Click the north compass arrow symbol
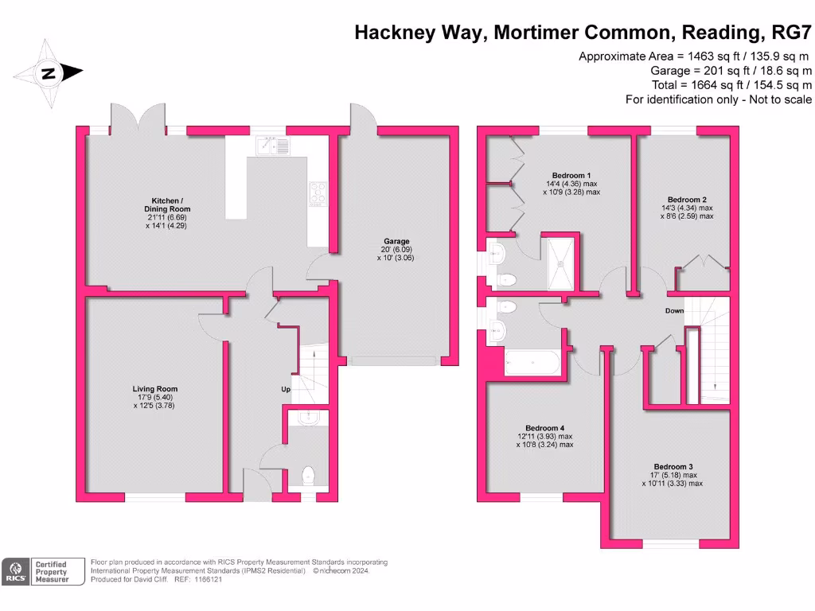pyautogui.click(x=48, y=74)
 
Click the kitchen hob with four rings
pyautogui.click(x=317, y=193)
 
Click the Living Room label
pyautogui.click(x=155, y=389)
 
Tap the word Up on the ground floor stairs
pyautogui.click(x=285, y=390)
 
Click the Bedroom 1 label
pyautogui.click(x=571, y=175)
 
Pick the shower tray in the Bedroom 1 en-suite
pyautogui.click(x=562, y=262)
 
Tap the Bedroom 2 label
pyautogui.click(x=688, y=200)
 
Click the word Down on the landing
pyautogui.click(x=674, y=311)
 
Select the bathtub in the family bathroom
pyautogui.click(x=534, y=364)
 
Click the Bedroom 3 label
pyautogui.click(x=673, y=466)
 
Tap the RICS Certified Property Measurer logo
pyautogui.click(x=44, y=571)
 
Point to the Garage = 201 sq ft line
pyautogui.click(x=731, y=71)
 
